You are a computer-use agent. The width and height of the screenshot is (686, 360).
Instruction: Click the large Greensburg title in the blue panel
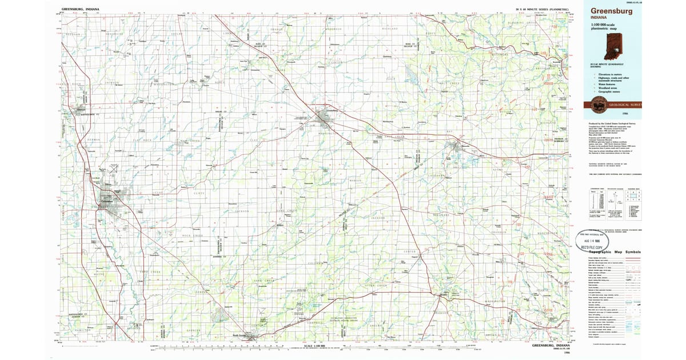616,11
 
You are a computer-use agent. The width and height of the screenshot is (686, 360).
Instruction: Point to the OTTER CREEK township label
375,284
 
